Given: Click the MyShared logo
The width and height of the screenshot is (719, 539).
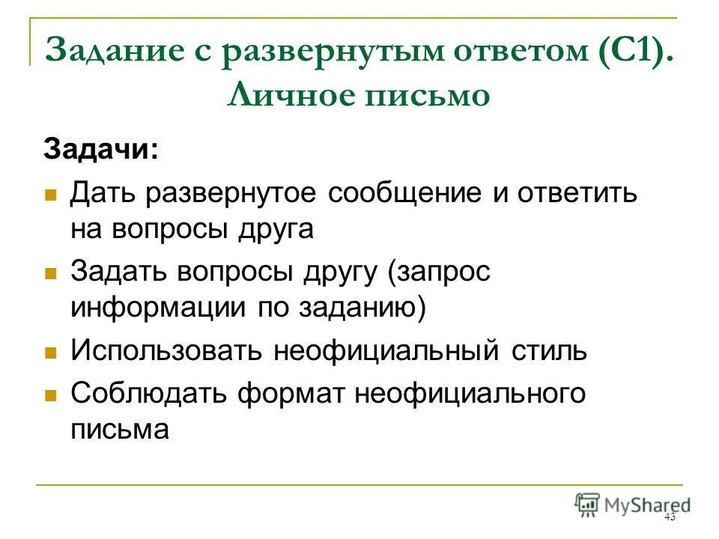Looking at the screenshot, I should pos(633,505).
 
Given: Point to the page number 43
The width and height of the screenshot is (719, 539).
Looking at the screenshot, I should pos(670,517).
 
